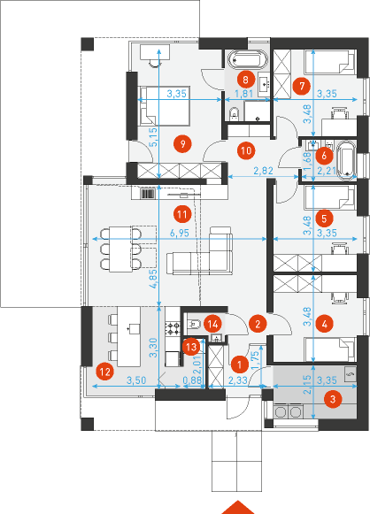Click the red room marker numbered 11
click(x=182, y=215)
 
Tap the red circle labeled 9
click(x=182, y=144)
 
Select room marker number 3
click(x=333, y=399)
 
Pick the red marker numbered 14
click(x=212, y=325)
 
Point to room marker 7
click(x=302, y=86)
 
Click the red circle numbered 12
click(x=105, y=372)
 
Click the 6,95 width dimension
click(x=180, y=233)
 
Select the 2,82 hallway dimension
click(x=264, y=171)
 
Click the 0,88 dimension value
click(x=192, y=380)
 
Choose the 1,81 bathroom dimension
click(x=244, y=94)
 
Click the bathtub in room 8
click(x=248, y=59)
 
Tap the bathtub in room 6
click(x=347, y=160)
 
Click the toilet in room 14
click(x=194, y=324)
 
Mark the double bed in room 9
click(x=165, y=105)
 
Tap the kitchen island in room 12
click(x=129, y=337)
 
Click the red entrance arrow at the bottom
click(x=238, y=508)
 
